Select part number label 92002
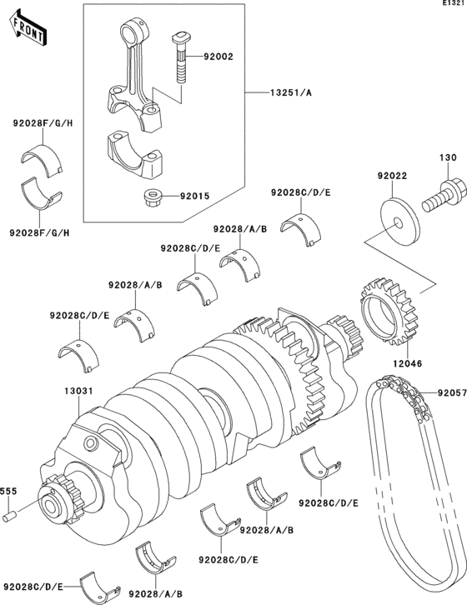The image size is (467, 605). [218, 57]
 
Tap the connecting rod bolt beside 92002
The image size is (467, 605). [182, 57]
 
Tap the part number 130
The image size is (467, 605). [449, 157]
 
